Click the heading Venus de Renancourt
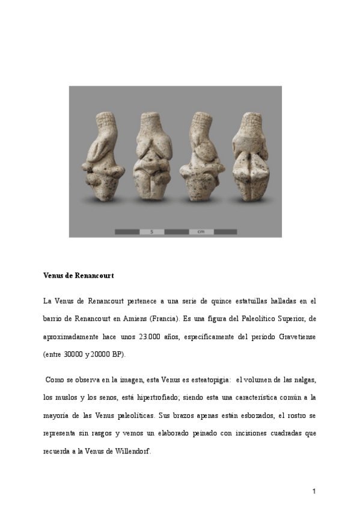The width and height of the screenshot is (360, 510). (79, 275)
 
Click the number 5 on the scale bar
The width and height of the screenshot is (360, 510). (152, 231)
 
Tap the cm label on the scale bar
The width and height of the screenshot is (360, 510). (201, 231)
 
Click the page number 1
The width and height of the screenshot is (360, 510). (314, 491)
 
